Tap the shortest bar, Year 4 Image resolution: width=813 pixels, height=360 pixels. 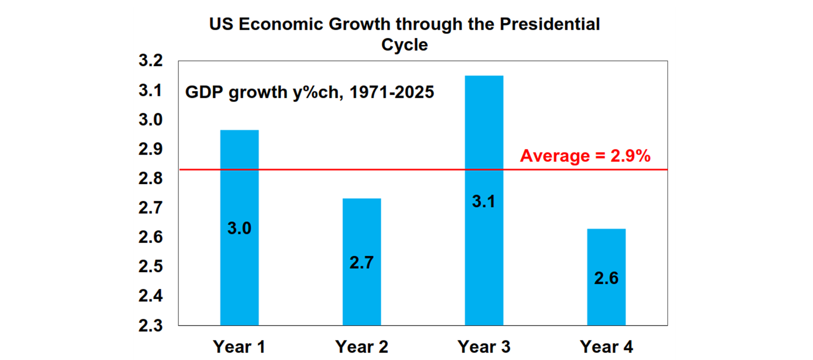pos(606,302)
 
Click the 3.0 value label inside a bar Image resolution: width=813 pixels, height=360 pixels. pos(239,229)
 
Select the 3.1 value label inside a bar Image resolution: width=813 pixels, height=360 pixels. pos(484,202)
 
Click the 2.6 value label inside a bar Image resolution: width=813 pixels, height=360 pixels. pos(606,278)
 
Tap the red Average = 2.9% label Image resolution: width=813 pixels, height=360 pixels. pos(585,156)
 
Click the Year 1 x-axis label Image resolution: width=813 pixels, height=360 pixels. pos(239,347)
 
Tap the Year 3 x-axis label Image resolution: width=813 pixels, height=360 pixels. pos(484,347)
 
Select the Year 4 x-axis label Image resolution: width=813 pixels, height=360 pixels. pos(606,347)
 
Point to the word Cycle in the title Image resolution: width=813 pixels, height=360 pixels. pos(404,45)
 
